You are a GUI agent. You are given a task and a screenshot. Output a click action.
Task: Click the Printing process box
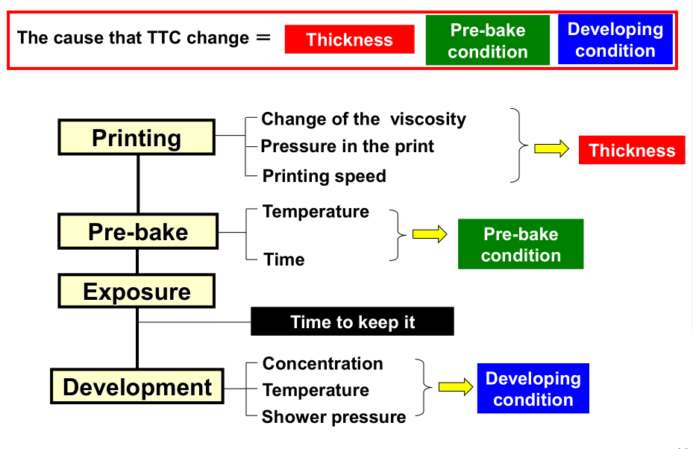(137, 137)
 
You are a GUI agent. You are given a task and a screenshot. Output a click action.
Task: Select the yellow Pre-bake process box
(138, 231)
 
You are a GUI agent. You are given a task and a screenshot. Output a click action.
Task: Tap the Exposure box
(137, 291)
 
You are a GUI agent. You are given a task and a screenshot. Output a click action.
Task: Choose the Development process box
(137, 386)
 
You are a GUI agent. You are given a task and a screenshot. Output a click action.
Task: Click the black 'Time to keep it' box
(352, 321)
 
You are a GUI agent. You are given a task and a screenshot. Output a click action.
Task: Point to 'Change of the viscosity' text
(363, 119)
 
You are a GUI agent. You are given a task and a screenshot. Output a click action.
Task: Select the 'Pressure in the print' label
(348, 146)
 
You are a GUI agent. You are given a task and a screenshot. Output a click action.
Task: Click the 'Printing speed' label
(324, 176)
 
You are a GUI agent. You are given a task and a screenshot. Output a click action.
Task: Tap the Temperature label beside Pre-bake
(316, 212)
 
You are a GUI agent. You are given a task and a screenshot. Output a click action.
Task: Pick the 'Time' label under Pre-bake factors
(284, 260)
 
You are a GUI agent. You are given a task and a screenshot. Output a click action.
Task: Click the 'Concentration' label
(323, 364)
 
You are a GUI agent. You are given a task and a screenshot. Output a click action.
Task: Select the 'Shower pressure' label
(333, 417)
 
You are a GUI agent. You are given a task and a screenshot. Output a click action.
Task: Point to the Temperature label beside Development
(316, 390)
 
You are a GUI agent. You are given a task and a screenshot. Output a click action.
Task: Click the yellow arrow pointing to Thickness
(551, 148)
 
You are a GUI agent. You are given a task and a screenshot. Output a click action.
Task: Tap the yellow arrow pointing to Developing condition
(456, 387)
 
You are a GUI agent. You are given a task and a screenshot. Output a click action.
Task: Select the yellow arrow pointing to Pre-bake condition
(430, 234)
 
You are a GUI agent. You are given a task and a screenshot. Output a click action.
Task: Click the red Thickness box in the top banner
(350, 40)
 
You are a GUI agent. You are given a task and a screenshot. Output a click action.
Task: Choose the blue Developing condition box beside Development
(533, 389)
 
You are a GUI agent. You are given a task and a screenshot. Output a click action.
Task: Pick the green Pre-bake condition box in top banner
(488, 40)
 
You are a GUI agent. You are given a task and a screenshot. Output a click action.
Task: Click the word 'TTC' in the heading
(163, 37)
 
